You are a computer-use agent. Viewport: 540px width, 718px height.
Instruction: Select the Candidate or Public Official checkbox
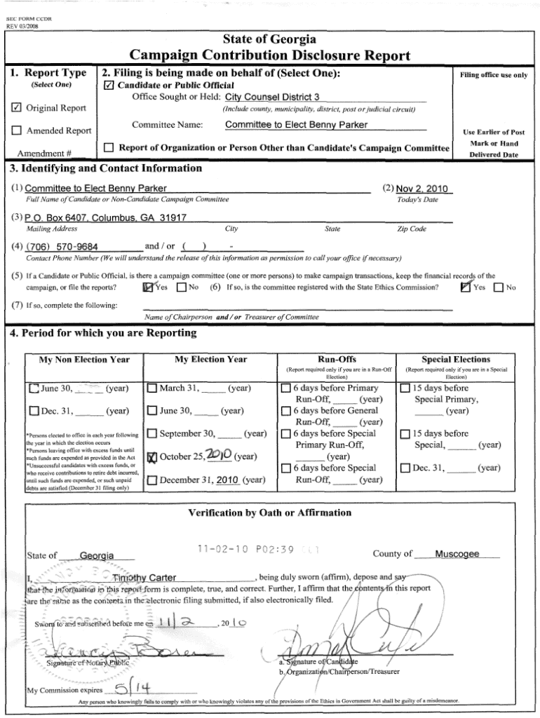click(x=108, y=86)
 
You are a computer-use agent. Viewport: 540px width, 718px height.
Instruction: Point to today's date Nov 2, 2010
click(x=421, y=189)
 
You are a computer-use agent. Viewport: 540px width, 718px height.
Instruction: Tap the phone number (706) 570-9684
click(x=62, y=248)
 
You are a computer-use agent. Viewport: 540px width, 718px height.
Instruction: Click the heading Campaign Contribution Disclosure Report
click(x=270, y=56)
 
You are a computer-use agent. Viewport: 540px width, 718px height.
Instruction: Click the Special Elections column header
click(x=456, y=359)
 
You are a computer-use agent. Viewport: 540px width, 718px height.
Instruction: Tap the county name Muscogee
click(x=457, y=554)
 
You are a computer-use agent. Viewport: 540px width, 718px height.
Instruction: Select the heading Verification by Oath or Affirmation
click(x=270, y=513)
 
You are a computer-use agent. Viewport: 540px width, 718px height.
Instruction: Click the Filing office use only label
click(x=493, y=75)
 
